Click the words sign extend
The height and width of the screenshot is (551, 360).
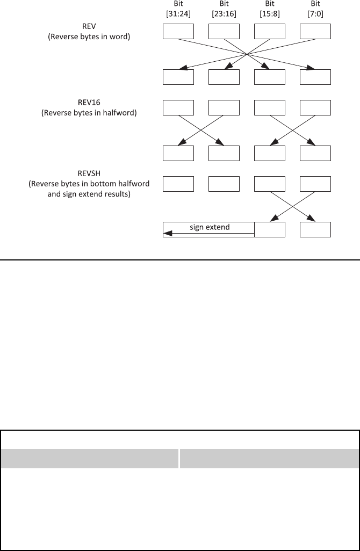pyautogui.click(x=210, y=227)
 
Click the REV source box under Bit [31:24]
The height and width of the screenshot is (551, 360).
pyautogui.click(x=178, y=32)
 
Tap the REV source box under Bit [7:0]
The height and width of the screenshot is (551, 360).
pyautogui.click(x=315, y=32)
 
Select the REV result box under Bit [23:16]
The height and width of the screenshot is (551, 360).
pyautogui.click(x=224, y=77)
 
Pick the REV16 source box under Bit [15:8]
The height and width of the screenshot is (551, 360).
pyautogui.click(x=270, y=108)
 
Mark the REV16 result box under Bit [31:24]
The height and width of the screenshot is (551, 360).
pyautogui.click(x=178, y=153)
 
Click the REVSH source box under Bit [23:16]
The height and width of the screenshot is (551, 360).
pyautogui.click(x=224, y=184)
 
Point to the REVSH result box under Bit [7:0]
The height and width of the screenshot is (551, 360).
pyautogui.click(x=315, y=229)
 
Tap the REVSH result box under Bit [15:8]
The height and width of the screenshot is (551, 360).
pyautogui.click(x=270, y=229)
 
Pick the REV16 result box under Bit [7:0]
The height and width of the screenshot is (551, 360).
pyautogui.click(x=315, y=153)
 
